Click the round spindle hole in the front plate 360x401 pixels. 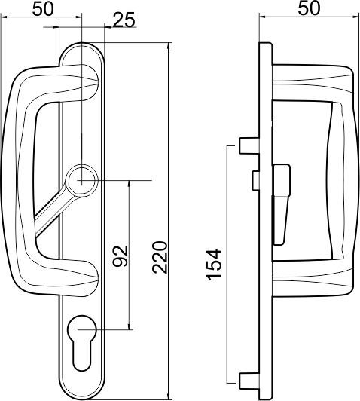click(x=81, y=179)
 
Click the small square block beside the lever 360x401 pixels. click(x=255, y=179)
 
